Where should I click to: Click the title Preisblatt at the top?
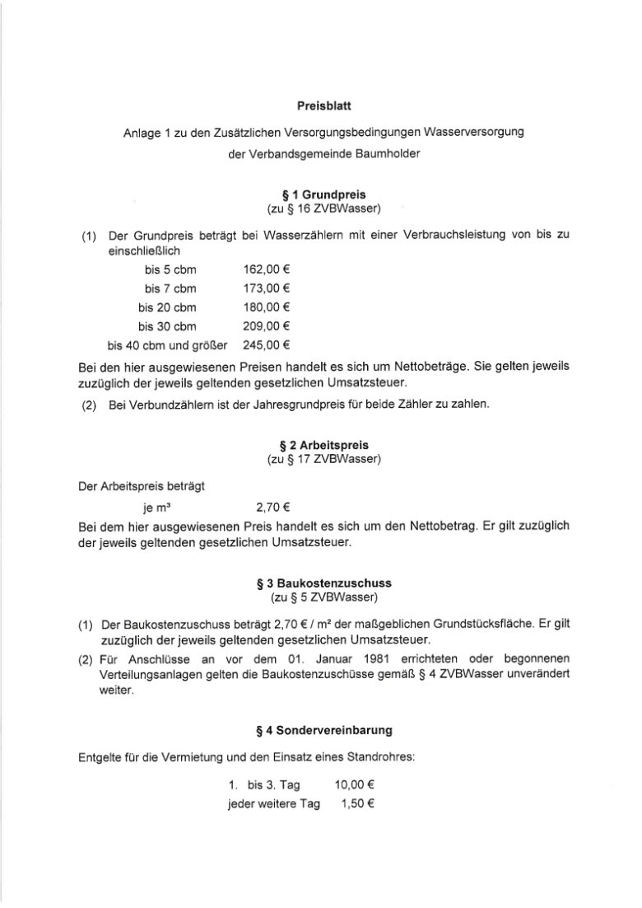coord(323,105)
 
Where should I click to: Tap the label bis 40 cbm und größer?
coord(167,344)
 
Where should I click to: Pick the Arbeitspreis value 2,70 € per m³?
coord(272,508)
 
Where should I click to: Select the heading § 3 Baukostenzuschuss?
coord(323,583)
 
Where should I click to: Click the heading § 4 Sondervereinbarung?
coord(323,729)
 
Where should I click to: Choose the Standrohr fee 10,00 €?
coord(356,785)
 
